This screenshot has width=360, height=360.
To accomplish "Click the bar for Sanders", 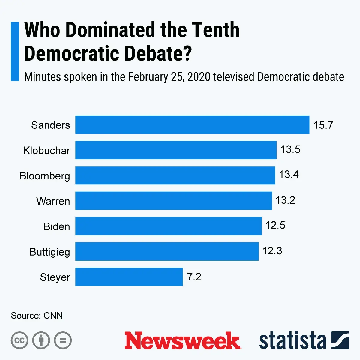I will click(192, 124).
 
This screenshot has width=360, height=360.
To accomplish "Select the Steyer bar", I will click(129, 277).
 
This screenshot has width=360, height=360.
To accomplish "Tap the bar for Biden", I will click(168, 226).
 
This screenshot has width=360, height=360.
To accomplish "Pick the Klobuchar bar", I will click(176, 150).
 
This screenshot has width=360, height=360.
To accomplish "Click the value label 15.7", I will click(323, 125).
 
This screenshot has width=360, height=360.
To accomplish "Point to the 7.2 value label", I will click(194, 277).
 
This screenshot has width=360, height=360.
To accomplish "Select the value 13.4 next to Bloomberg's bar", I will click(289, 174).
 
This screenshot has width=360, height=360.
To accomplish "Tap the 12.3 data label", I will click(272, 251).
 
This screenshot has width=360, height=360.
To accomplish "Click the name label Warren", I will click(53, 201).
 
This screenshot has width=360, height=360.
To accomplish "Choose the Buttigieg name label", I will click(50, 252).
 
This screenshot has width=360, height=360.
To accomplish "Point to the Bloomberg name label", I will click(45, 176).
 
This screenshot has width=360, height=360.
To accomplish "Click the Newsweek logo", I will click(182, 341).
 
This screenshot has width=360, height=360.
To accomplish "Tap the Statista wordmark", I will click(292, 341).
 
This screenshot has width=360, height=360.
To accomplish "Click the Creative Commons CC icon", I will click(19, 340).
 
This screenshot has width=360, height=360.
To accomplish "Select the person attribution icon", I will click(41, 340).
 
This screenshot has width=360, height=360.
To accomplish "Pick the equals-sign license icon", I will click(63, 340).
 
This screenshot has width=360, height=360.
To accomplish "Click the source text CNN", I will click(53, 316).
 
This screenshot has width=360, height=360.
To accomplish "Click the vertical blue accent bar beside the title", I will click(15, 51).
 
